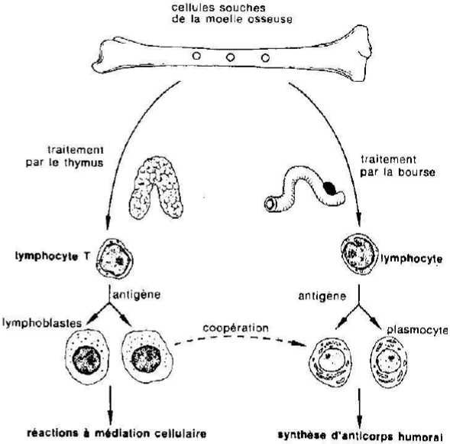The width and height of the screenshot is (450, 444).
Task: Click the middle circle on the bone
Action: pyautogui.click(x=230, y=57)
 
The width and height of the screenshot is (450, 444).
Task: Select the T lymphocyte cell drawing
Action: pyautogui.click(x=115, y=259)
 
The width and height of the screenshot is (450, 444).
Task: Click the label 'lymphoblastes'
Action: pyautogui.click(x=42, y=323)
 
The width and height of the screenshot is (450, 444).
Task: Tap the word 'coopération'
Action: pyautogui.click(x=235, y=328)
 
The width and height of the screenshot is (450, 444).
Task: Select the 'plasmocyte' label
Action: pyautogui.click(x=417, y=331)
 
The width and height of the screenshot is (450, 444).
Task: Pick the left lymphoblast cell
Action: pyautogui.click(x=88, y=357)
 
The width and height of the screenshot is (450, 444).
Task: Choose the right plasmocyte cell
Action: pyautogui.click(x=389, y=363)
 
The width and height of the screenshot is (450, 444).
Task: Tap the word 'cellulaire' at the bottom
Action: pyautogui.click(x=181, y=433)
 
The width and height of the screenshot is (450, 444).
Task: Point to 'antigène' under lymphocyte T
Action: pyautogui.click(x=137, y=295)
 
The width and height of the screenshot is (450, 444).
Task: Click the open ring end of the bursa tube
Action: pyautogui.click(x=270, y=204)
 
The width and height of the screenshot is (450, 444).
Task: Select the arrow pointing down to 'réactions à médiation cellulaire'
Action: pyautogui.click(x=110, y=405)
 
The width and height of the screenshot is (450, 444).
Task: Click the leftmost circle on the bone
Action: pyautogui.click(x=196, y=55)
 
